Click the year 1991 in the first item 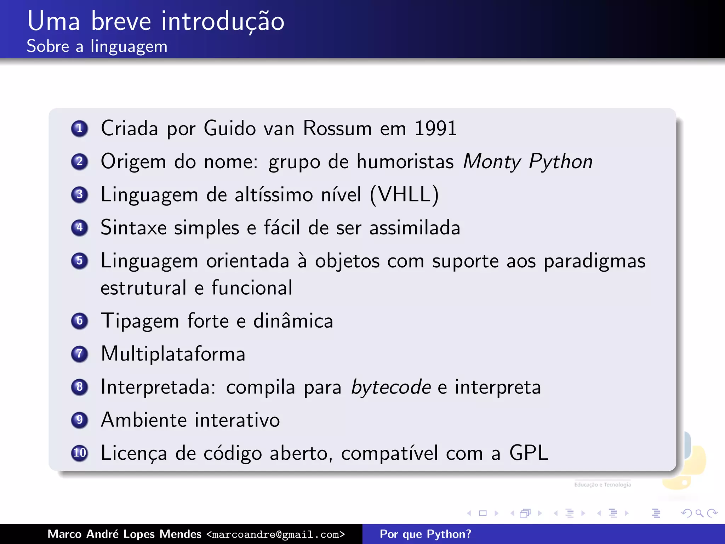click(x=435, y=128)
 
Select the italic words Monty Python click(x=527, y=162)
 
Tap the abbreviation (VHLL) click(x=404, y=194)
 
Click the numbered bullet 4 click(x=80, y=227)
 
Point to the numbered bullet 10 click(x=80, y=453)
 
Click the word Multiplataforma click(x=173, y=354)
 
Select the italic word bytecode click(x=391, y=387)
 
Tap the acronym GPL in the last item click(x=529, y=453)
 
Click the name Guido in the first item click(x=230, y=128)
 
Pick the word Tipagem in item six click(x=140, y=321)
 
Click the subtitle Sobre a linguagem click(x=97, y=46)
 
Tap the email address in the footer click(x=275, y=534)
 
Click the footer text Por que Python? click(x=426, y=534)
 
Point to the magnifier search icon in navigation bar click(x=699, y=513)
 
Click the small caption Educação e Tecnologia click(x=603, y=484)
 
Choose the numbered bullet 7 click(x=80, y=354)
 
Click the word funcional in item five click(x=252, y=288)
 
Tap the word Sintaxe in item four click(x=133, y=227)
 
